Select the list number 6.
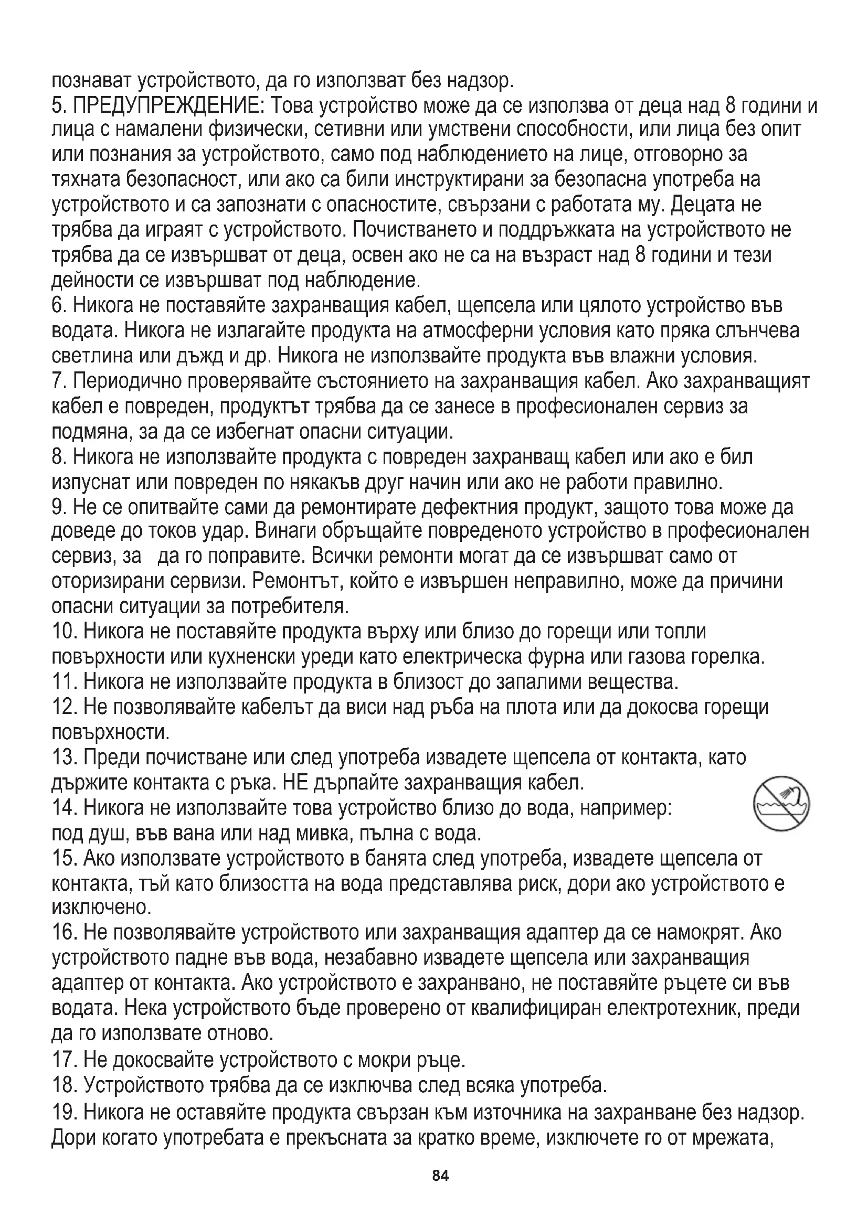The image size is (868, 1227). (x=59, y=306)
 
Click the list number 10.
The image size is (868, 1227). (x=65, y=632)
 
